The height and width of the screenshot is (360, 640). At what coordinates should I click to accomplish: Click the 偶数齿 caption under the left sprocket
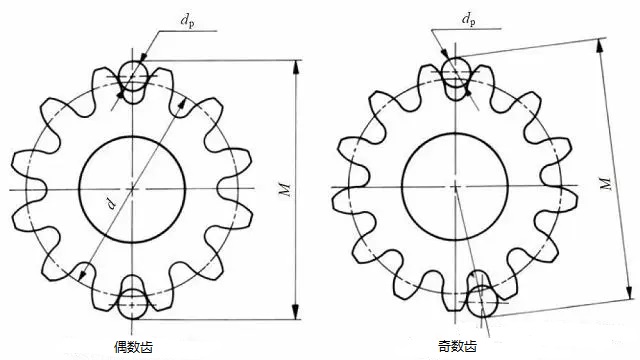pyautogui.click(x=133, y=346)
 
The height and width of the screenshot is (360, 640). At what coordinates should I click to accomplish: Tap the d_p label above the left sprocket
pyautogui.click(x=188, y=19)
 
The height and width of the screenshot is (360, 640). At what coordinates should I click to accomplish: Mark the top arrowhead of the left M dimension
pyautogui.click(x=297, y=66)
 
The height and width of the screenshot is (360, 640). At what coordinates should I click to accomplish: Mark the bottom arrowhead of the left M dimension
pyautogui.click(x=297, y=312)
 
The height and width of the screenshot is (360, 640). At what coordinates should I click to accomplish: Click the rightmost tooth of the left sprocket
pyautogui.click(x=240, y=187)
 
